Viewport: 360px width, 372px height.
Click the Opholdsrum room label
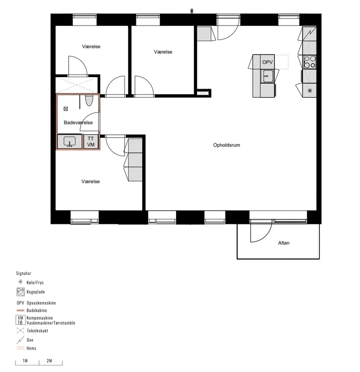(x=226, y=145)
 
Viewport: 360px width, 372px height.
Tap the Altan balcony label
(x=283, y=243)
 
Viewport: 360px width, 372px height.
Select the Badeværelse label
(x=78, y=123)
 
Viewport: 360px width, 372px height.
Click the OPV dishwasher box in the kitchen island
(x=267, y=62)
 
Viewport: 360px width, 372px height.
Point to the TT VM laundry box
(x=91, y=142)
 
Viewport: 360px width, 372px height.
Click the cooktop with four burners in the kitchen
(x=310, y=62)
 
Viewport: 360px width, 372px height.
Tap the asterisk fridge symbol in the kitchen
(x=310, y=91)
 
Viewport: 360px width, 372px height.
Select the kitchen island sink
(x=267, y=76)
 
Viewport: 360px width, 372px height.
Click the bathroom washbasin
(x=69, y=142)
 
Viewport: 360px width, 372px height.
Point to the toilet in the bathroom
(x=89, y=101)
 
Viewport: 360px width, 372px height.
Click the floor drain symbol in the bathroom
(x=66, y=109)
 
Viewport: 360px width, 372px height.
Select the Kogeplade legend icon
(x=20, y=292)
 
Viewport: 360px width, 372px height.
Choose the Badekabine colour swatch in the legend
(x=20, y=310)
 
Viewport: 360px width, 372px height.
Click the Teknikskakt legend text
(x=37, y=331)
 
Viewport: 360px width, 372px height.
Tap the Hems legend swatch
(x=20, y=348)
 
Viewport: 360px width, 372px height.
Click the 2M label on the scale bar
(x=49, y=361)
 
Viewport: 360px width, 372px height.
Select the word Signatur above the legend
(x=23, y=273)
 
